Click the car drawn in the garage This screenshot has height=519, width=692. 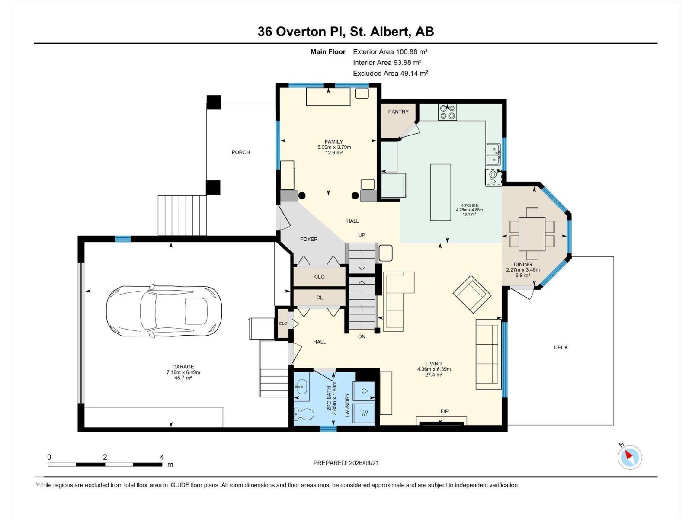pos(164,311)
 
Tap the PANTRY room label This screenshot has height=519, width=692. pos(398,112)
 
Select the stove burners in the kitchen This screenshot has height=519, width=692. pos(447,112)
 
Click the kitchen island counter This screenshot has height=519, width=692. pos(440,192)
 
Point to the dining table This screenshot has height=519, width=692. pos(532,234)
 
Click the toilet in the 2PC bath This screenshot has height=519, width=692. pos(304,414)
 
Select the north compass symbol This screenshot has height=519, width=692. pos(630,457)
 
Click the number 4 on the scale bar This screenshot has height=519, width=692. pos(162,457)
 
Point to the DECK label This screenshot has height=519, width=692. pos(561,348)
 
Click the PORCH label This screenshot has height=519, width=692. pos(240,152)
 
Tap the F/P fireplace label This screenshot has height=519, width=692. pos(444,411)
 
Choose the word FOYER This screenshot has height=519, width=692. pos(309,239)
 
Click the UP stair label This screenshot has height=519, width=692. pos(361,235)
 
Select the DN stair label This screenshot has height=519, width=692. pos(362,336)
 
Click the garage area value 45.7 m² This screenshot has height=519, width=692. pos(183,378)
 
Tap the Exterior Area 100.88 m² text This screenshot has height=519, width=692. pos(390,51)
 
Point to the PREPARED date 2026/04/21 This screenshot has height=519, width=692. pos(363,463)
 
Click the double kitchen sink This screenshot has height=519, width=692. pos(493,154)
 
